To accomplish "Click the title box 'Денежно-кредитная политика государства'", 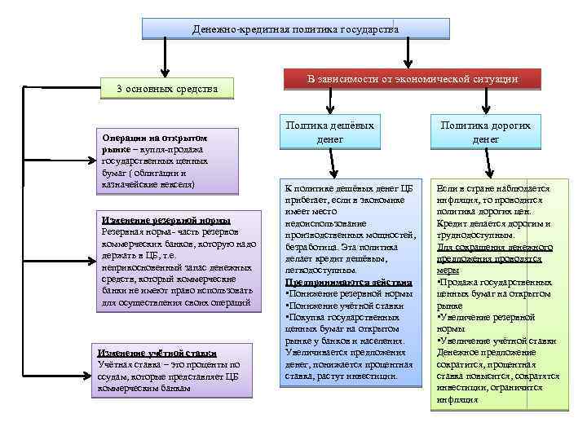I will pos(296,29).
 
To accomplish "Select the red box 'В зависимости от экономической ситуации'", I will pos(412,78).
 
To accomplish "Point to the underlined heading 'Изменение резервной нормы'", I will pos(166,220).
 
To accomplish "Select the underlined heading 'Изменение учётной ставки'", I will pos(157,353).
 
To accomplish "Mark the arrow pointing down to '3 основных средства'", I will pos(166,61).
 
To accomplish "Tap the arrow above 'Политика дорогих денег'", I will pos(487,101).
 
